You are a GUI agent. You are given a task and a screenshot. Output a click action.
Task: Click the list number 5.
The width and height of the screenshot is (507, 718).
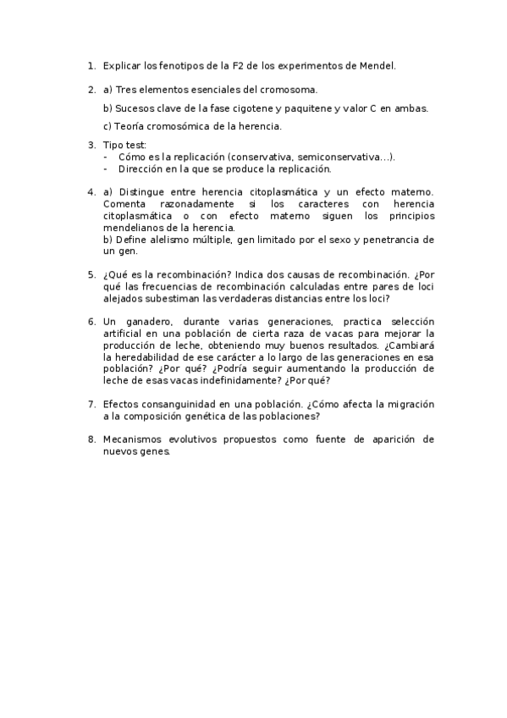(91, 274)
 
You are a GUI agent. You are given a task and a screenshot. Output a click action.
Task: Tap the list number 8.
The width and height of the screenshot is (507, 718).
(91, 439)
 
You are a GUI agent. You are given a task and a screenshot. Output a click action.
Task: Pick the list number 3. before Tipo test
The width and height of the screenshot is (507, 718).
(91, 145)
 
